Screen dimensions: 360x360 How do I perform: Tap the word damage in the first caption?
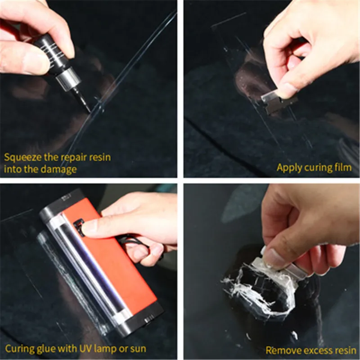click(63, 170)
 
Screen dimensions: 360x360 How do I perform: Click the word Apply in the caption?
click(288, 168)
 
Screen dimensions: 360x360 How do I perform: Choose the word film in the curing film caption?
click(342, 168)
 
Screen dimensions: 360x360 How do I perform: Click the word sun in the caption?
click(138, 349)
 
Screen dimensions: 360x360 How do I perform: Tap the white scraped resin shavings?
click(252, 288)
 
